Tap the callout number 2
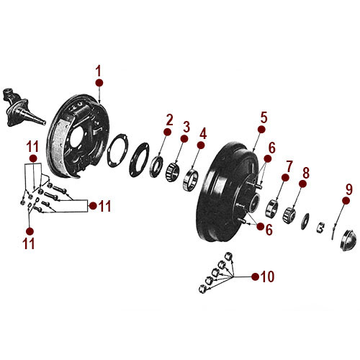169,119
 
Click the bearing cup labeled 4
193,176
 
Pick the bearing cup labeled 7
271,210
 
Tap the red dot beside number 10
253,276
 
